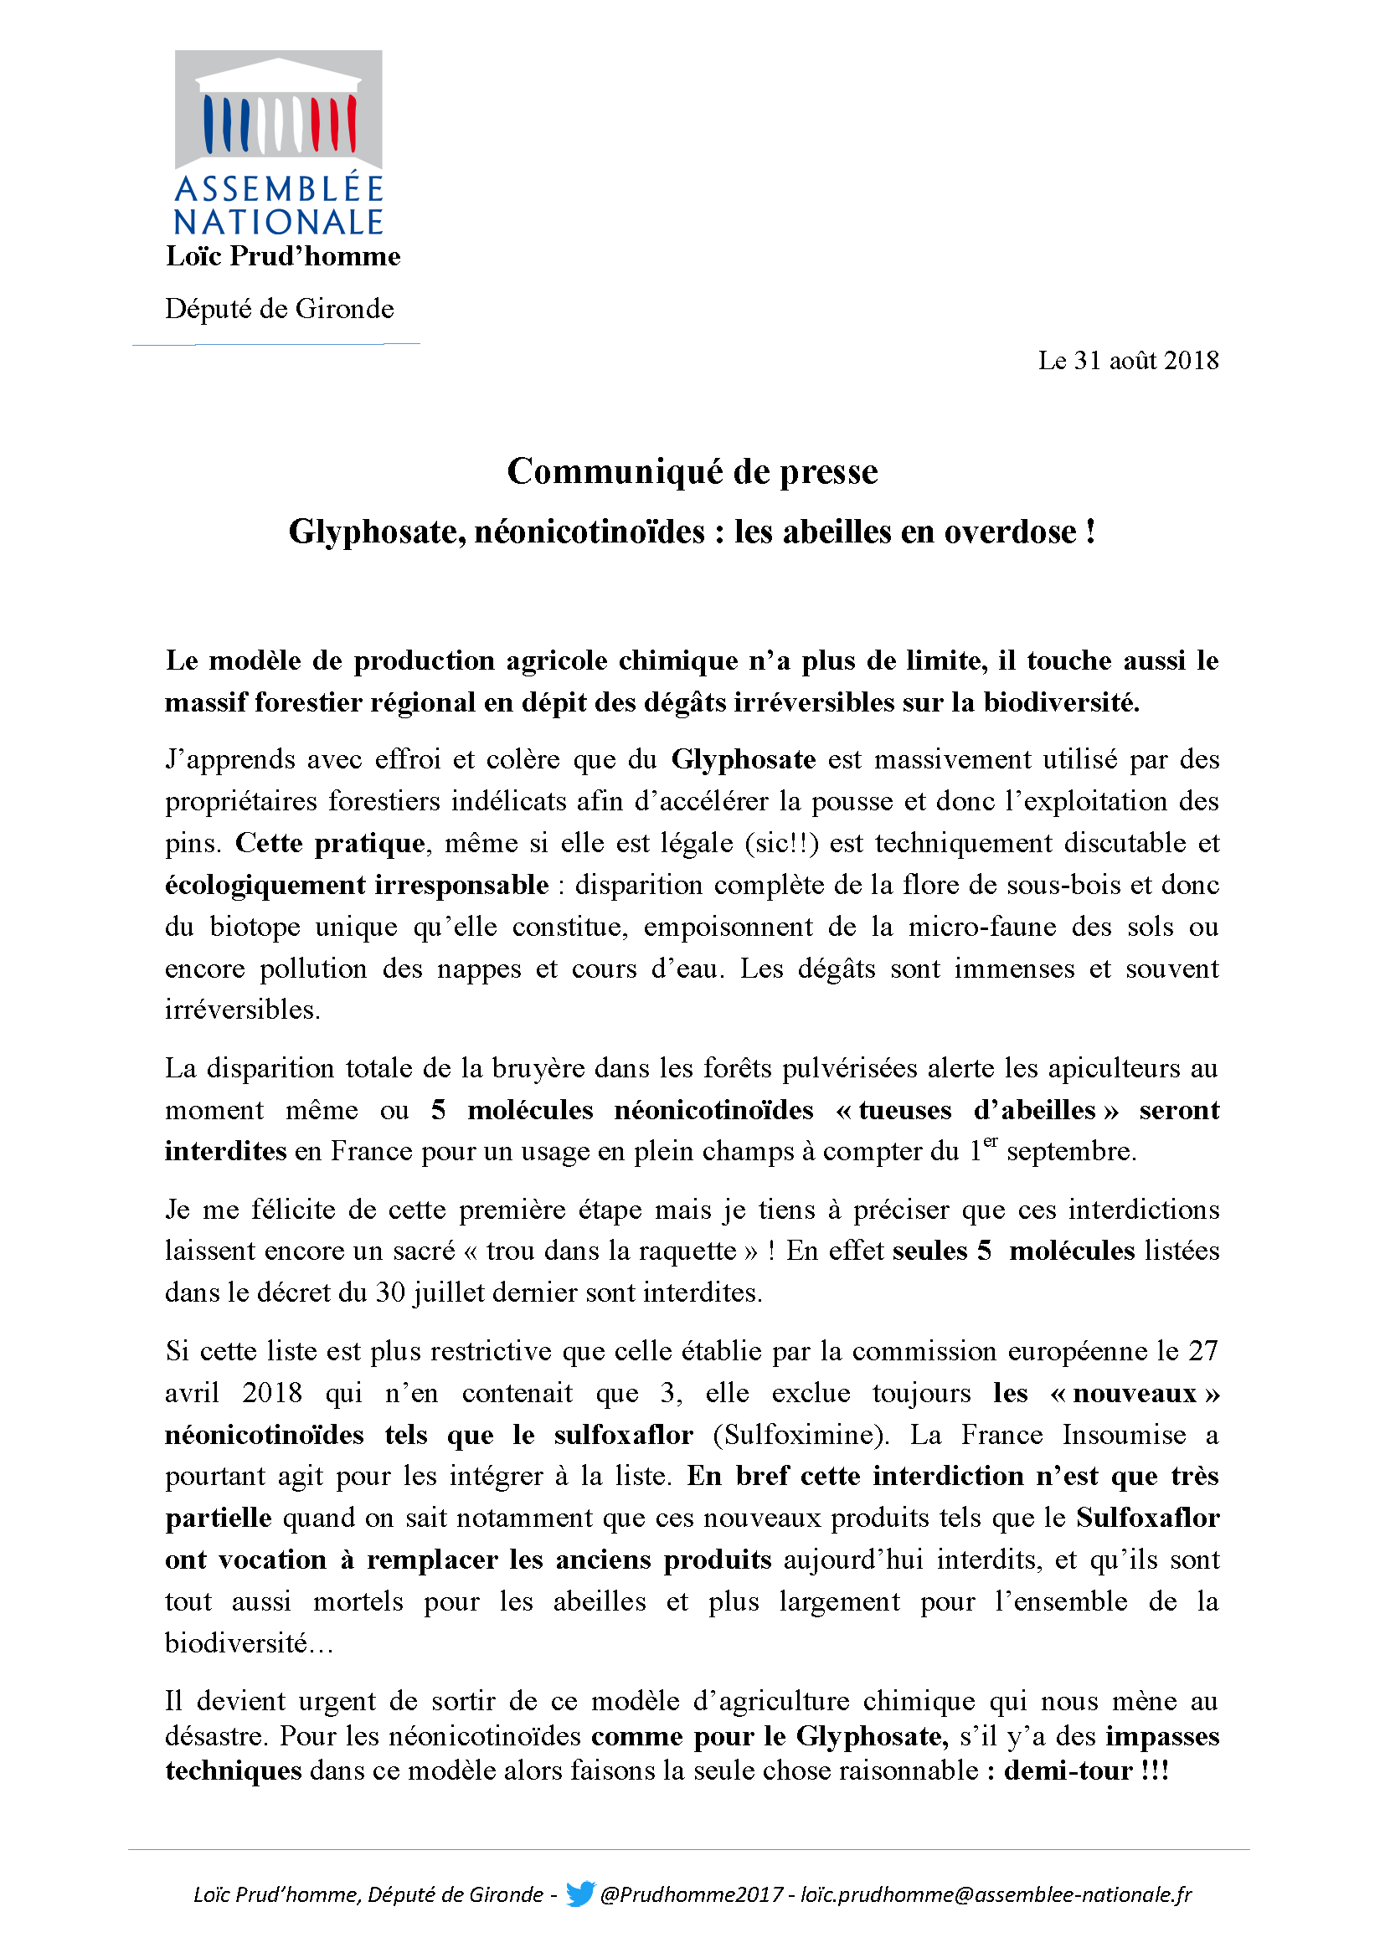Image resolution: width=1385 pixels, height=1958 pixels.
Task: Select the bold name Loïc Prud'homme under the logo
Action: (x=282, y=256)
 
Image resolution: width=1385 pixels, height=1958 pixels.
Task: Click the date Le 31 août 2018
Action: (x=1127, y=361)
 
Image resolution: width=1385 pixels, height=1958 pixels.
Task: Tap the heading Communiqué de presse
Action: (x=692, y=471)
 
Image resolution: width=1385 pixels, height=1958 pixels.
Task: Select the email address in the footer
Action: (x=996, y=1894)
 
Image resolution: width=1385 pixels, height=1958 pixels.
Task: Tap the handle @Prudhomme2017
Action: (x=692, y=1894)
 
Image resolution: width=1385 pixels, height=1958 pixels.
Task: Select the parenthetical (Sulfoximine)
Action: (x=800, y=1435)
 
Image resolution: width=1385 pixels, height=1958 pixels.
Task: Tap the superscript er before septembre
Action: (x=990, y=1142)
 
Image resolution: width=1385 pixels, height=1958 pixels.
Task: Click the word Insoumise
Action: (x=1123, y=1435)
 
